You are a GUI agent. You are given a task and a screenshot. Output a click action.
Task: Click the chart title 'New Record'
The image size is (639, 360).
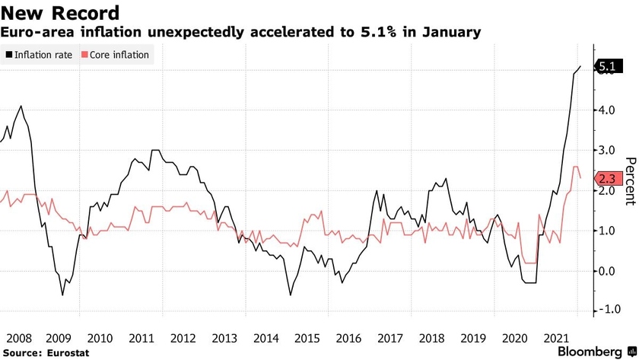60,13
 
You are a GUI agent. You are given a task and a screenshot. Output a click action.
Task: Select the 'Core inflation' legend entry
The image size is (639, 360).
120,55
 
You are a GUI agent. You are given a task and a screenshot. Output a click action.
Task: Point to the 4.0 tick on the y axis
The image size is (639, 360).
606,110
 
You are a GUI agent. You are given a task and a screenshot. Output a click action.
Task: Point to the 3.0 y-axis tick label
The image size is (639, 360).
606,150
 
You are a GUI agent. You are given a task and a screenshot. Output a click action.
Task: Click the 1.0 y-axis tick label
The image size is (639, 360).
606,231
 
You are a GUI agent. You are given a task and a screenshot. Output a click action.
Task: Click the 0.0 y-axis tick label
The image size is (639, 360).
606,271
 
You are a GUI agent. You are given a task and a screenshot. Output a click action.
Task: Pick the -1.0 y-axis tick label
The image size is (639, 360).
605,311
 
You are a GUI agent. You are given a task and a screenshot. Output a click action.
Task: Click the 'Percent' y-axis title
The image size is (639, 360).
630,181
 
